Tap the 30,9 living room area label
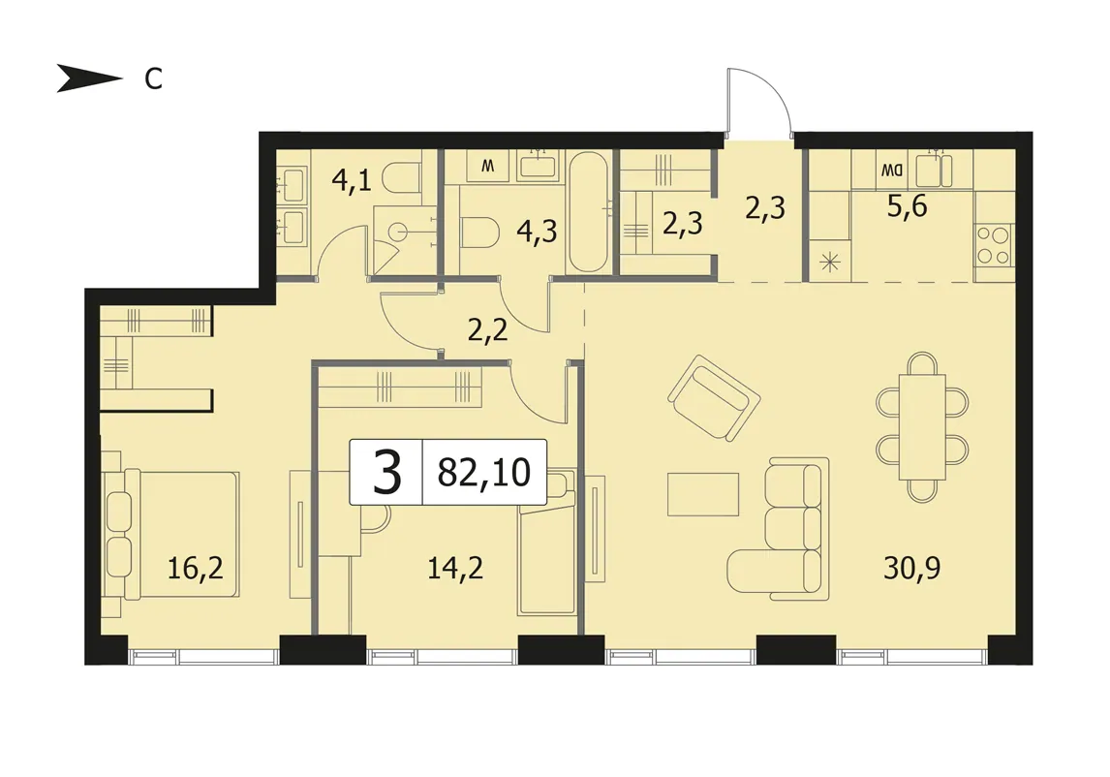point(911,568)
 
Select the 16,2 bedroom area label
point(196,568)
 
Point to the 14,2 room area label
point(455,568)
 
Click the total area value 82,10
point(484,473)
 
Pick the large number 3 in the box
point(386,473)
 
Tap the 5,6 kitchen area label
point(907,206)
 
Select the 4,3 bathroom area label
point(537,232)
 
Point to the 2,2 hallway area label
point(488,330)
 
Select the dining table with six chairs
point(922,427)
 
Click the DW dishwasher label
point(892,170)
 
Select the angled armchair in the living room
point(714,399)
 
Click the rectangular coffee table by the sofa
point(703,494)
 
